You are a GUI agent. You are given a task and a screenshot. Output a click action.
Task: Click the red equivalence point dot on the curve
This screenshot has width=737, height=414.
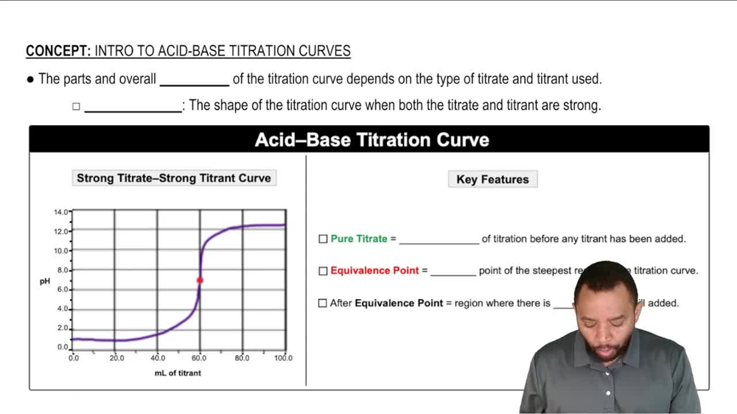[x=200, y=280]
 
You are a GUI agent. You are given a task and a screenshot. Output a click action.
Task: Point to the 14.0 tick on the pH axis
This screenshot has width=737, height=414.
[x=61, y=212]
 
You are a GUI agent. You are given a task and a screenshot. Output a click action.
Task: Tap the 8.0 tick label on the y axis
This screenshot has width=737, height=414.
[x=63, y=270]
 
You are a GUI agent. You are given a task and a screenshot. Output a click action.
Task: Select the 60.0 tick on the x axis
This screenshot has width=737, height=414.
[x=199, y=358]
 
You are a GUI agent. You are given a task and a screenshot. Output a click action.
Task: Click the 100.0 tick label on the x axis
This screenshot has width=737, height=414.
[x=284, y=358]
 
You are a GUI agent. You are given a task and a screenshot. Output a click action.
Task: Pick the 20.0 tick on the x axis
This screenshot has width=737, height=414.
[x=116, y=358]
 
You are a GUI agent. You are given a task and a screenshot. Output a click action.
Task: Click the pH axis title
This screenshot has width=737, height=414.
[x=44, y=281]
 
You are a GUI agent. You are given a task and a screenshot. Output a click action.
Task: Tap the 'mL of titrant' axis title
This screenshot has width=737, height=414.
[x=178, y=373]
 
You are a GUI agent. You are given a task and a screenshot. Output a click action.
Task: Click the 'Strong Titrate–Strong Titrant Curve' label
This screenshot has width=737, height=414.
[x=174, y=178]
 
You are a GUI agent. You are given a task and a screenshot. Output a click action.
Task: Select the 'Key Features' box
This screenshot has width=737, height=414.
[x=492, y=179]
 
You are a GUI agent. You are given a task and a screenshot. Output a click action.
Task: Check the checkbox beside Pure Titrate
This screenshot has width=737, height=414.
[x=323, y=239]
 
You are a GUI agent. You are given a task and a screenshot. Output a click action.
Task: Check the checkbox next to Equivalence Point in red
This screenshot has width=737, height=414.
[x=323, y=271]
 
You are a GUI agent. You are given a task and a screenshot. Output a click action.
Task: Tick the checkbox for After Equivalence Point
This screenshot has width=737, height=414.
[x=323, y=303]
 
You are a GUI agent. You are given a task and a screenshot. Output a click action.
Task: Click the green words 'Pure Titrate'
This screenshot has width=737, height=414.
[x=359, y=239]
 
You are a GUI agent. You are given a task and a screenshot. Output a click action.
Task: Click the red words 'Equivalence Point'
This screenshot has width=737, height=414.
[x=375, y=270]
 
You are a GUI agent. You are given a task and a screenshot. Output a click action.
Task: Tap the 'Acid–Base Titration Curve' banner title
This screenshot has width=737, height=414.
[x=371, y=140]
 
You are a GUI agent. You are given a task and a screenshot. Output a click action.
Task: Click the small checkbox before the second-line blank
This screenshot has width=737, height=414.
[x=75, y=107]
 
